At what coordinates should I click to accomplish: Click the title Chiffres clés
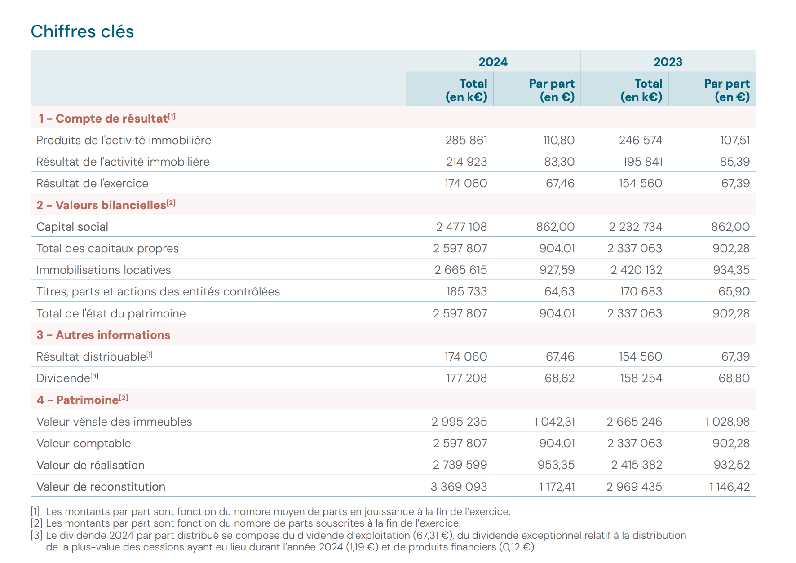[82, 31]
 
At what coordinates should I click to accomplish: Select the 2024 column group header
[493, 62]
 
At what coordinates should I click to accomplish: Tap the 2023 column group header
[668, 62]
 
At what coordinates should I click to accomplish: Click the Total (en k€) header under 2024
[466, 90]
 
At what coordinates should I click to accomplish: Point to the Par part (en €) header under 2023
[726, 90]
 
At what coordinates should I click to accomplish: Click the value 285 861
[466, 140]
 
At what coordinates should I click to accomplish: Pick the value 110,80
[558, 140]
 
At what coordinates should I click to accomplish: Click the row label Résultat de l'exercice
[92, 183]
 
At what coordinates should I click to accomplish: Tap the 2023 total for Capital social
[635, 227]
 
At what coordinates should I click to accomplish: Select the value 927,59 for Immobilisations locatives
[557, 270]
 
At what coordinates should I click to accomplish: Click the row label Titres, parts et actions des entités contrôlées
[158, 292]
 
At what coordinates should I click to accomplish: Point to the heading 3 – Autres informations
[103, 335]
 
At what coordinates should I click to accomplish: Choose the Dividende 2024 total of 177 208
[466, 378]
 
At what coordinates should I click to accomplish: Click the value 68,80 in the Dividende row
[734, 378]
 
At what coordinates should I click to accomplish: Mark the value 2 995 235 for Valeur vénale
[459, 422]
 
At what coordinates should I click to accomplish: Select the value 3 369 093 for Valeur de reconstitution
[459, 487]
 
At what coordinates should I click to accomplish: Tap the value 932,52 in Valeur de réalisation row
[732, 465]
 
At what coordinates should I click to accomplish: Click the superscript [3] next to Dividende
[94, 376]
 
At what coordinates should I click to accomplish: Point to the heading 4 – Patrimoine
[82, 400]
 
